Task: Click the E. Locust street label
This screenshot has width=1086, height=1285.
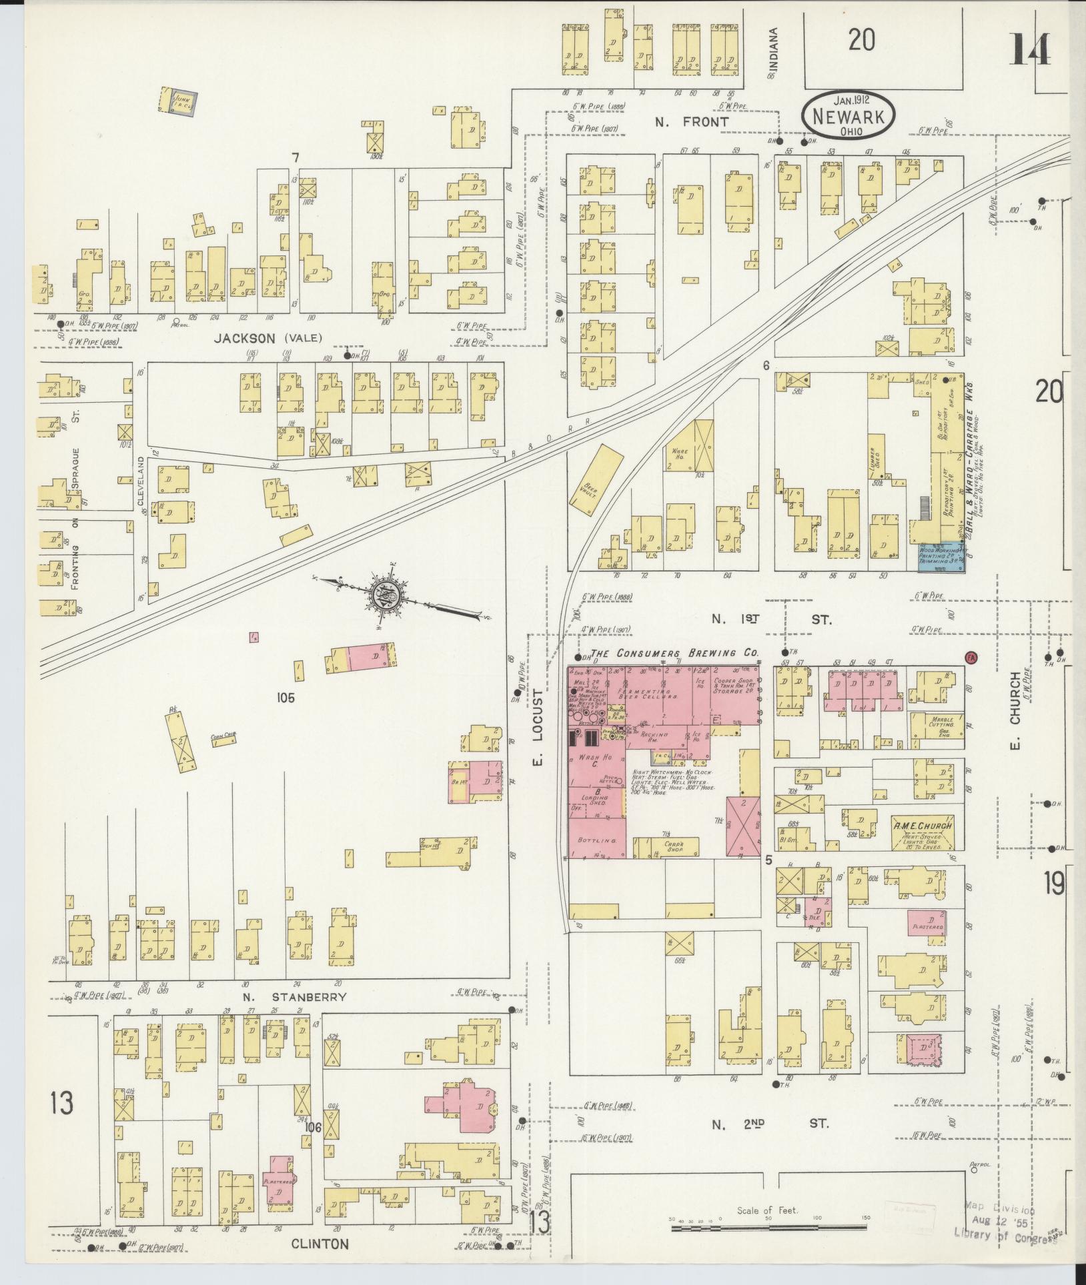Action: point(539,732)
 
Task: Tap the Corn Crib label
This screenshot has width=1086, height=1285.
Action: point(224,737)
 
